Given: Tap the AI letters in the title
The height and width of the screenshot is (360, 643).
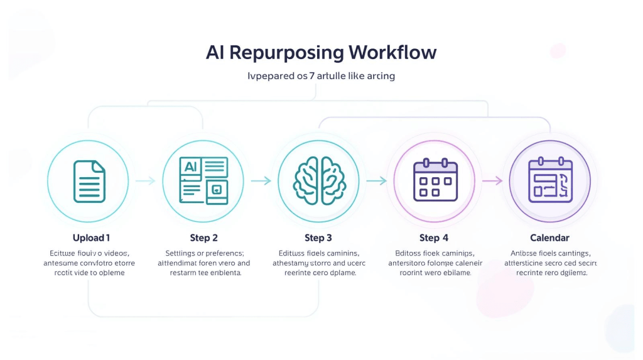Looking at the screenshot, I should tap(215, 52).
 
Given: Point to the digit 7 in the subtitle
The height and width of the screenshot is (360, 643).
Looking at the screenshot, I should tap(312, 76).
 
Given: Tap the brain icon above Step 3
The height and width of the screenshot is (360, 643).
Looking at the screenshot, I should tap(318, 181).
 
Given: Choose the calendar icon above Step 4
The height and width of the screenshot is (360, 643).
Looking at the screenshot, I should tap(435, 181).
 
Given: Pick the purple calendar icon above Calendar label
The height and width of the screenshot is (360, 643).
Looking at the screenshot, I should tap(550, 180).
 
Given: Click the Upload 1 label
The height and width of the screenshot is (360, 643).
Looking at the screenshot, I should tap(91, 238).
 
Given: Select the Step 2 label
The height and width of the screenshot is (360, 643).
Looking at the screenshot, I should tap(204, 238).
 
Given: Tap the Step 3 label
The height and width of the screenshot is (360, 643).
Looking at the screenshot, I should tap(318, 238).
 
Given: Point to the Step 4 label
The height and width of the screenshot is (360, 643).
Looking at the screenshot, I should tap(434, 238).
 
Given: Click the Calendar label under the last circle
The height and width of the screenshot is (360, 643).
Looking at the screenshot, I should tap(549, 238).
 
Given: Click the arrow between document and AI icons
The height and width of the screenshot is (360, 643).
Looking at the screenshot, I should tap(146, 181).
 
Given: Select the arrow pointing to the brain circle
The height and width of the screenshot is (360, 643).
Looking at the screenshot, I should tap(261, 181).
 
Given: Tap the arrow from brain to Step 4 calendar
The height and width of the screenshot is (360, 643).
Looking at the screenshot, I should tap(377, 181).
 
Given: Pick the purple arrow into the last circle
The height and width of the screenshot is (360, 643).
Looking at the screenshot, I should tap(492, 181).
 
